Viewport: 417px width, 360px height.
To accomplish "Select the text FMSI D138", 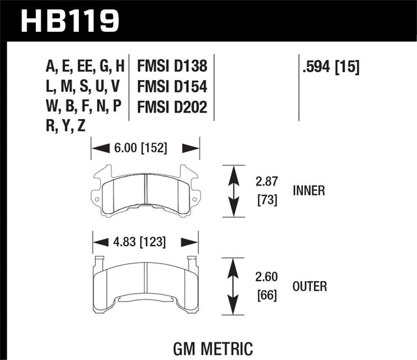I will (x=172, y=66).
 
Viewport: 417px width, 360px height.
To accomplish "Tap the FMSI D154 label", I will (x=172, y=87).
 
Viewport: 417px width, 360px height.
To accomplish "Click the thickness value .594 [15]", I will (x=332, y=66).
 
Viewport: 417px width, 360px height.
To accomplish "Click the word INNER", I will (x=309, y=191).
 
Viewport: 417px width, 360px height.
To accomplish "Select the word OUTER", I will (x=310, y=286).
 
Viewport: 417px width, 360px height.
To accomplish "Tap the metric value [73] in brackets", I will (x=267, y=201).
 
